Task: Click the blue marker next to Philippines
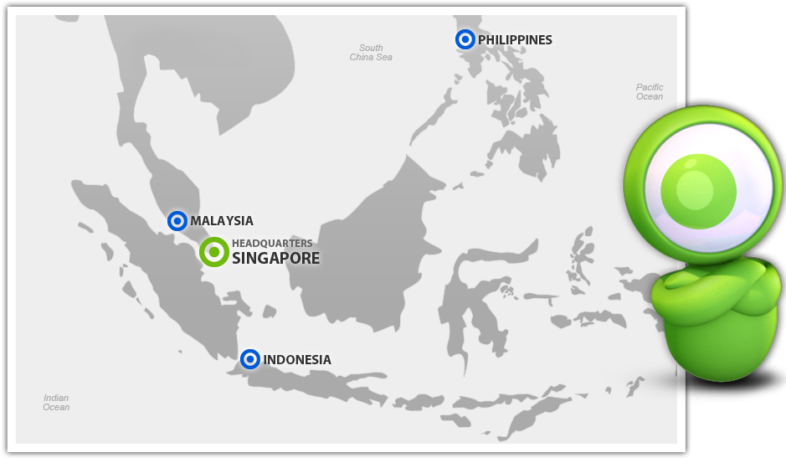pos(465,39)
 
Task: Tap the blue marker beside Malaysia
pos(177,221)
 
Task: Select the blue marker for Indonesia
pos(249,359)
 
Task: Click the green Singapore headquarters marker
pos(214,252)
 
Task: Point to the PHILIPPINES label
pos(515,40)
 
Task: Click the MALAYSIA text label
pos(222,221)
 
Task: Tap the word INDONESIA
pos(297,360)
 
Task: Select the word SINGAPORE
pos(275,259)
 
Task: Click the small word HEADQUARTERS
pos(272,244)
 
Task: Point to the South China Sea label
pos(371,53)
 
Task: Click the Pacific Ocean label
pos(650,92)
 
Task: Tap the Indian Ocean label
pos(56,403)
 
